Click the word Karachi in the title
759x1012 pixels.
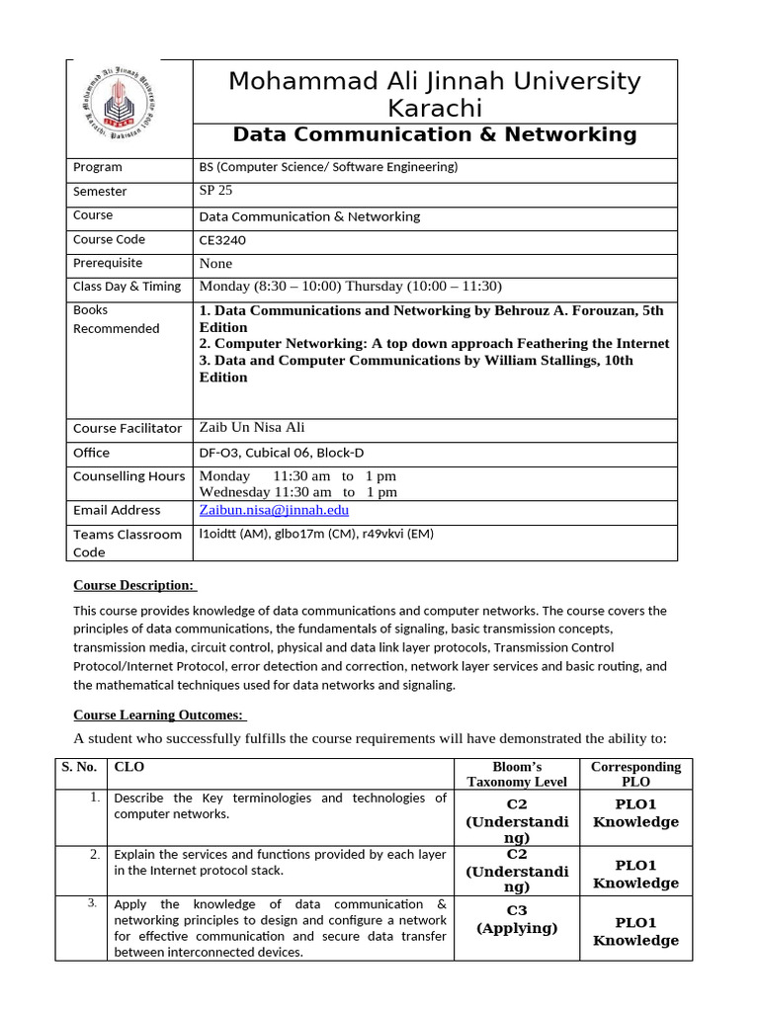(435, 108)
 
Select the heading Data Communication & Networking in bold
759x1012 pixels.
(435, 134)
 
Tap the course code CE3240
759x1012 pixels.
(222, 240)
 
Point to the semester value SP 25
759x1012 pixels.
(216, 191)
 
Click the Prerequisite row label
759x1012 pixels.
(108, 263)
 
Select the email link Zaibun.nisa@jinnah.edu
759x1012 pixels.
(274, 510)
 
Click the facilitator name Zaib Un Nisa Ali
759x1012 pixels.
(252, 427)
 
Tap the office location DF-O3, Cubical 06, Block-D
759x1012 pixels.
(282, 453)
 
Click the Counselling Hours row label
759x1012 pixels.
(128, 476)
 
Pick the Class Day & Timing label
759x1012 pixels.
(126, 287)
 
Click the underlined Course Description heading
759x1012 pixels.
(133, 585)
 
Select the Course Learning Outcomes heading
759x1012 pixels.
(159, 716)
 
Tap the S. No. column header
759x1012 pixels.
(79, 766)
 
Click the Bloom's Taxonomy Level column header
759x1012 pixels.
(517, 774)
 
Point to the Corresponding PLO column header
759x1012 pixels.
(635, 774)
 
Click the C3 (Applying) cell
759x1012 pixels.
(517, 919)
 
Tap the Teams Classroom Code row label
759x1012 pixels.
(127, 544)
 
